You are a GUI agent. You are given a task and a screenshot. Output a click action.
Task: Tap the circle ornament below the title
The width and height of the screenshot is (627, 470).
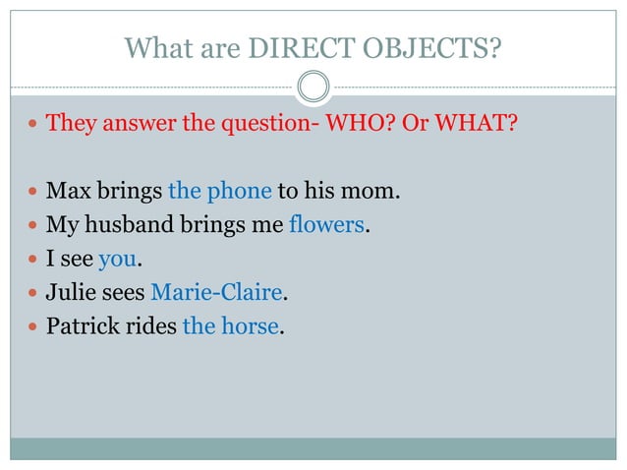pos(313,88)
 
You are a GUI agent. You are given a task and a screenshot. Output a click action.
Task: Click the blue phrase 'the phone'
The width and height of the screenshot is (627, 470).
pos(219,191)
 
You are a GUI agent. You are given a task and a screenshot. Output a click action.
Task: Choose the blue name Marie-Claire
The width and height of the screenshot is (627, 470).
pos(217,293)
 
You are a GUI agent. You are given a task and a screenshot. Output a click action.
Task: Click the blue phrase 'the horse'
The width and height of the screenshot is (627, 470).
pos(231,326)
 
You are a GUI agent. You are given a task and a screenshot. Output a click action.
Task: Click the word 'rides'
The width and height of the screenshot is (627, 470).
pos(151,326)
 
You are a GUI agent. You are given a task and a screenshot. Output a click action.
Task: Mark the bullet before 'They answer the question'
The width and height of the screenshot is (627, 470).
pos(33,126)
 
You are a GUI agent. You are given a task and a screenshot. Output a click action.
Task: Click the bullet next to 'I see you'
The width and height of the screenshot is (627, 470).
pos(33,261)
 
